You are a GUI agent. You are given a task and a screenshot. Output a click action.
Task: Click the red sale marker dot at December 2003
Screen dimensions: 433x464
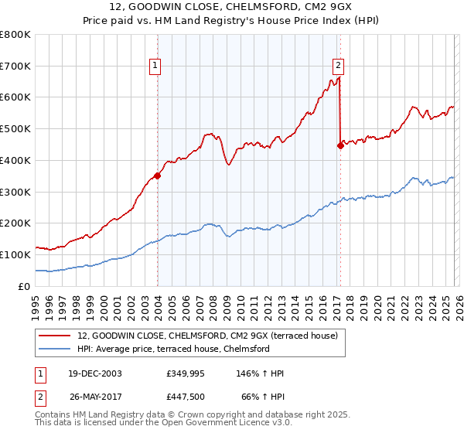(158, 176)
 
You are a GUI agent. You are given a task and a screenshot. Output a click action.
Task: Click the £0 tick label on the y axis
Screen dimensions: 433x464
(25, 286)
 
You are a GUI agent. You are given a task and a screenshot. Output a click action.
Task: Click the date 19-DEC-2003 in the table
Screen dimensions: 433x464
(97, 373)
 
